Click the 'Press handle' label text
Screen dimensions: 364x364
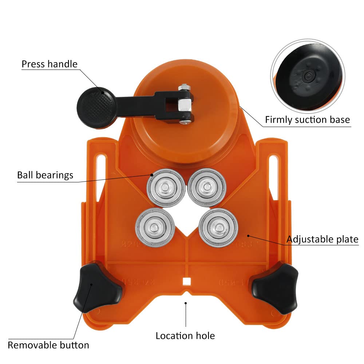50,64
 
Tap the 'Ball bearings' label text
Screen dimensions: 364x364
45,175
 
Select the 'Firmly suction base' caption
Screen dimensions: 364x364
307,120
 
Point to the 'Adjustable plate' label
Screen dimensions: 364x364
323,240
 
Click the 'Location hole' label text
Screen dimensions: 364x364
185,336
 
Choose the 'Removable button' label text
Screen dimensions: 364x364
48,345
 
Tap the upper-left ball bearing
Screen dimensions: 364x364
166,187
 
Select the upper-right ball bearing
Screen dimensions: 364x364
207,187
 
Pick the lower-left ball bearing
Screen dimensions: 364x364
155,227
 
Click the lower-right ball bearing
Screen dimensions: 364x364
218,228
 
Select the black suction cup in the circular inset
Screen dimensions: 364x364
310,76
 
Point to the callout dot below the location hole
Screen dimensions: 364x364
186,303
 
